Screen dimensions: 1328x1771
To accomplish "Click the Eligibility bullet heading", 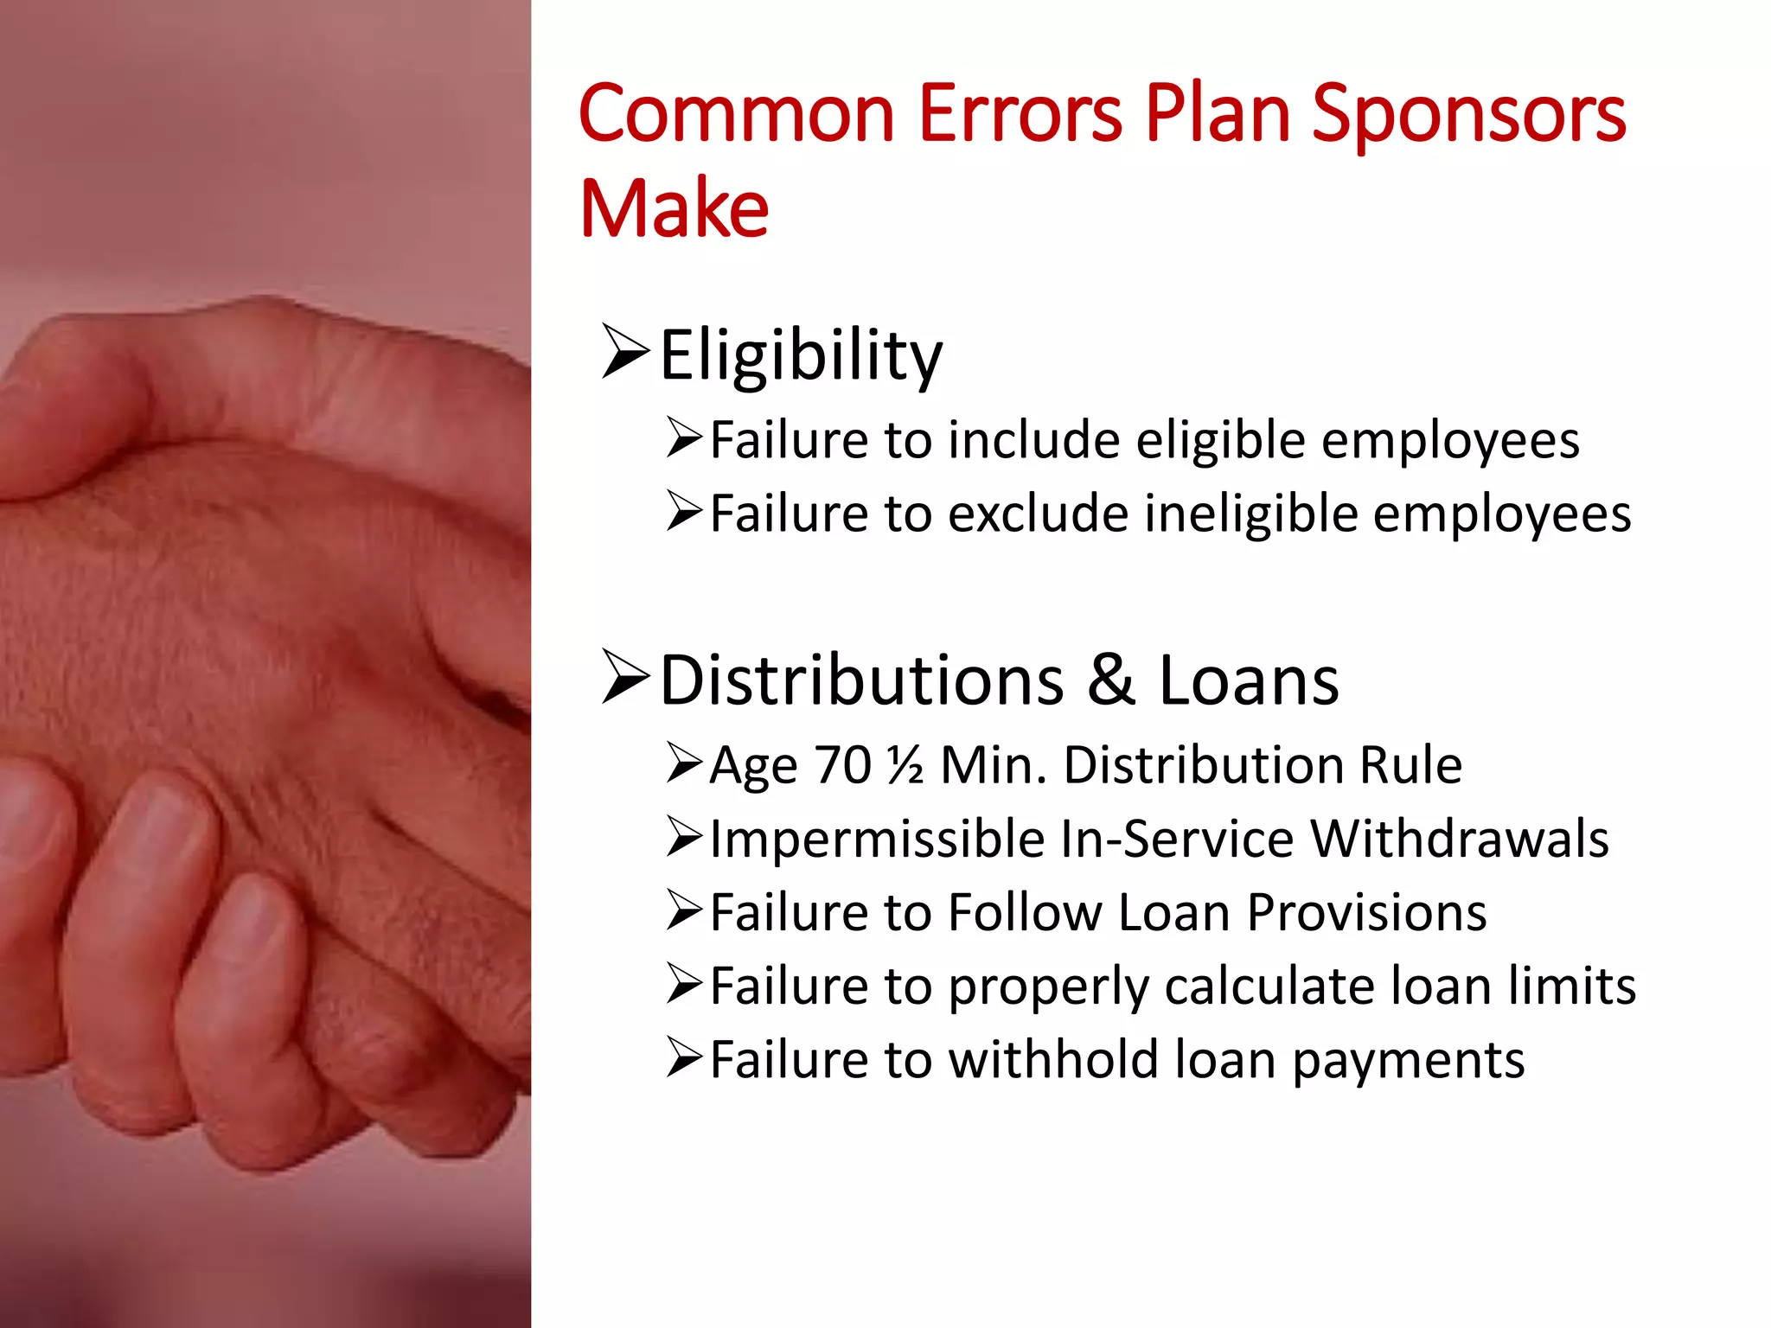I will point(801,355).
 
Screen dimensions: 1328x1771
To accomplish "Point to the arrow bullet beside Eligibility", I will point(624,352).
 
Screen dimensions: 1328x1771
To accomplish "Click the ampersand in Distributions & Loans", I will point(1110,680).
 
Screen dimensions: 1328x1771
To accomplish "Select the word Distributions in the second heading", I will point(861,680).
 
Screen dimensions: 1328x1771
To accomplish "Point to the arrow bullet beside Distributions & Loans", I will point(624,679).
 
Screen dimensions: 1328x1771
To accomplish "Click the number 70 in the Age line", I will point(842,765).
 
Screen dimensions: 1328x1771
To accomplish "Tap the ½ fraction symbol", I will point(905,765).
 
